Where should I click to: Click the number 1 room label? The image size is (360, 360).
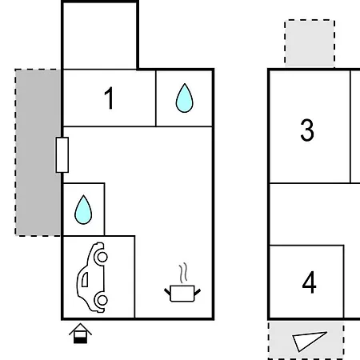tap(110, 98)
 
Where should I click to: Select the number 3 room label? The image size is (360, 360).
tap(307, 130)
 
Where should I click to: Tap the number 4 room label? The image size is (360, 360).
tap(310, 282)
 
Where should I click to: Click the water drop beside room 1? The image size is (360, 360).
tap(185, 98)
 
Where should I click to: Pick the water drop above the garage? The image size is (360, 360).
tap(83, 210)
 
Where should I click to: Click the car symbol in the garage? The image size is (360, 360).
tap(92, 277)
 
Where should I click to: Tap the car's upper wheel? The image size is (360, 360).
tap(102, 257)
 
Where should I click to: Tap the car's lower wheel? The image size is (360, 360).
tap(102, 300)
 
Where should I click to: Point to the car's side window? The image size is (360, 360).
tap(85, 279)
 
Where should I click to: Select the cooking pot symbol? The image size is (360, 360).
tap(182, 294)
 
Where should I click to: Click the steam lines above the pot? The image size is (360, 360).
tap(183, 273)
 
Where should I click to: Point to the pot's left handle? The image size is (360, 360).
tap(167, 291)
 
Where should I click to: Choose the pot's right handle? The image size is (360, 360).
tap(198, 292)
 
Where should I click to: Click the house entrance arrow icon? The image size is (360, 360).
tap(80, 334)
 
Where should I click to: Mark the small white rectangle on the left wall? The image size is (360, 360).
tap(62, 155)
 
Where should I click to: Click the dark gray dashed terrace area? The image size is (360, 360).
tap(38, 153)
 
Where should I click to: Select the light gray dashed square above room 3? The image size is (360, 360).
tap(310, 43)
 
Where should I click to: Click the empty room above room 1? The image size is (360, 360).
tap(100, 36)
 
